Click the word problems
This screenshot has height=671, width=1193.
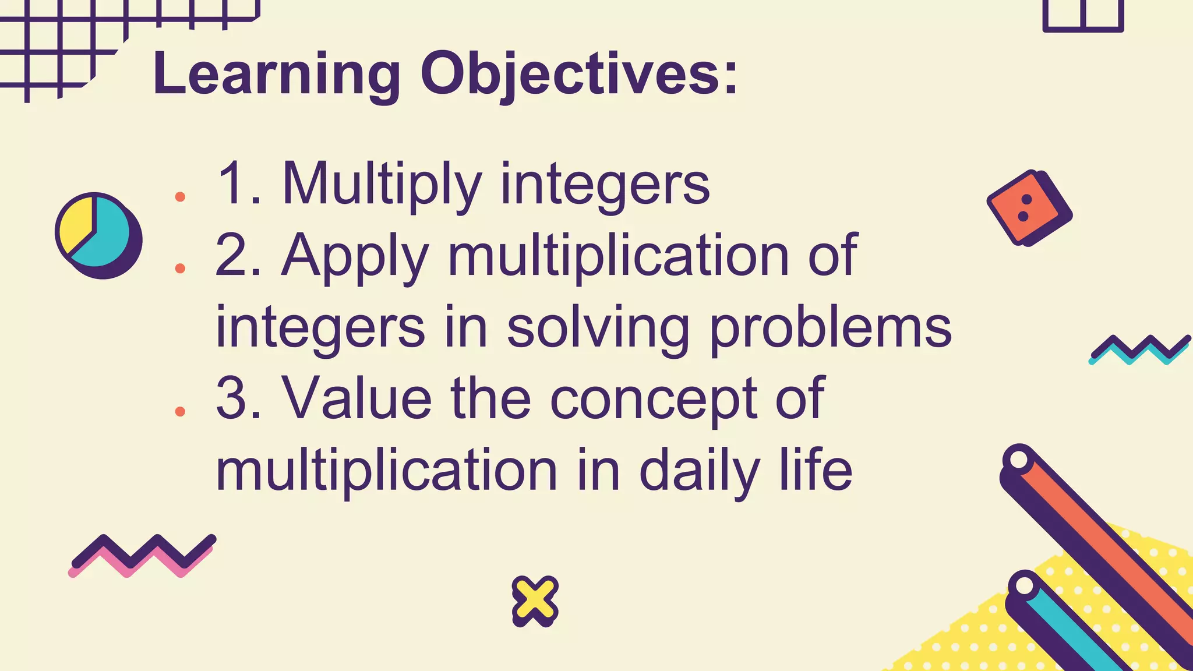tap(830, 327)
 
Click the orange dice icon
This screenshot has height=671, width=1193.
tap(1025, 208)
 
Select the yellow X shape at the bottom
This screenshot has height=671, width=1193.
tap(535, 600)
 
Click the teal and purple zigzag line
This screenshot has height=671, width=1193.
tap(1138, 349)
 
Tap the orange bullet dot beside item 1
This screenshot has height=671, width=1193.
tap(180, 197)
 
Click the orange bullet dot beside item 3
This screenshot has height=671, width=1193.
tap(180, 412)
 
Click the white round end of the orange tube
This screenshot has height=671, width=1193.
tap(1019, 459)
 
